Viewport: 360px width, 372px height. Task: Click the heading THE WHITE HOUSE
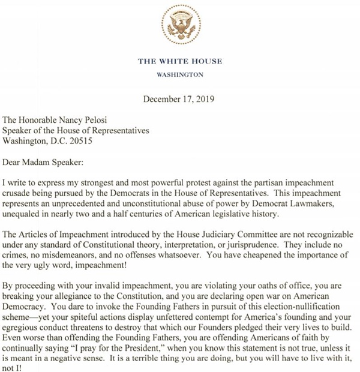click(x=179, y=61)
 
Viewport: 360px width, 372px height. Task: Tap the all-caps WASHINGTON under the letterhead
click(x=179, y=75)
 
